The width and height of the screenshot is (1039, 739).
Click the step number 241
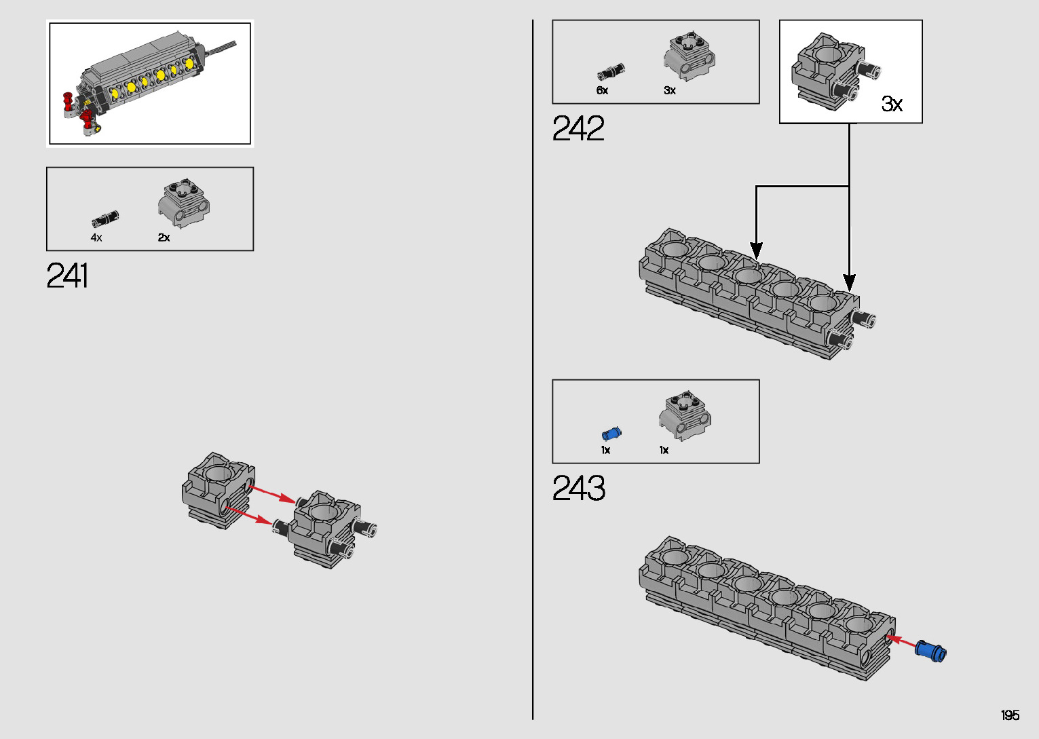coord(67,276)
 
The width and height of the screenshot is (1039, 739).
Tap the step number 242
coord(578,128)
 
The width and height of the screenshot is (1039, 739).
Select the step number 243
coord(578,488)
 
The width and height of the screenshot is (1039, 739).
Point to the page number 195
coord(1010,715)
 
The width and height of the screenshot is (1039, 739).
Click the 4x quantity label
coord(96,238)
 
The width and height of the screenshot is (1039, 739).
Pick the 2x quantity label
coord(164,238)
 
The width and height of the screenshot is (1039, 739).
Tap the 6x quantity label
coord(602,90)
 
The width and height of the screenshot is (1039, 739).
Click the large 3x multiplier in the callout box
coord(892,103)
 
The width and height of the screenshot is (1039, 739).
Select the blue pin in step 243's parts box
coord(611,434)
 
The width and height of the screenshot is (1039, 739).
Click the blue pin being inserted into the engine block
coord(930,650)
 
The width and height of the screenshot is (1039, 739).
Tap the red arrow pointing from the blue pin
coord(900,640)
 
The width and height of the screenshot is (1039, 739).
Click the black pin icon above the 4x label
coord(105,219)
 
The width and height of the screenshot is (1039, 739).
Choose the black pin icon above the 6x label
coord(611,71)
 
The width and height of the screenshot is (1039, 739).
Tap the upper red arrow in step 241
coord(272,493)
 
